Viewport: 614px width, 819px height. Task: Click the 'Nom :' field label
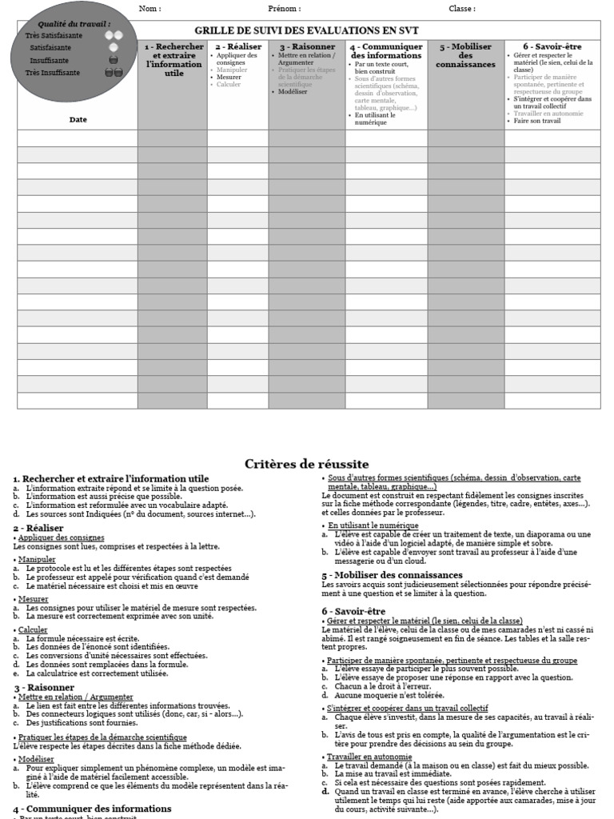point(150,9)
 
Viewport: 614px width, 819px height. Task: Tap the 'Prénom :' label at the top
point(284,9)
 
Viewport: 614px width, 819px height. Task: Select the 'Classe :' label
point(461,9)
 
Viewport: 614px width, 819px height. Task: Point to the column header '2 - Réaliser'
point(237,46)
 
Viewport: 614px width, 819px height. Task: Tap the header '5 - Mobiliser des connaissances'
point(465,55)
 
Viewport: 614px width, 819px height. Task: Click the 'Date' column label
point(78,120)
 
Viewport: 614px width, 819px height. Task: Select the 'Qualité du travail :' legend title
point(74,25)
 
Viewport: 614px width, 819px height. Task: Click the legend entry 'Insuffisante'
point(50,60)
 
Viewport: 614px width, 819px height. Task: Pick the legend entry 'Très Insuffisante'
point(53,72)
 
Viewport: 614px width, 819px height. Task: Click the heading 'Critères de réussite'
point(306,464)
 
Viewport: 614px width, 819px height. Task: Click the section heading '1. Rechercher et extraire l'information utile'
point(111,478)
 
